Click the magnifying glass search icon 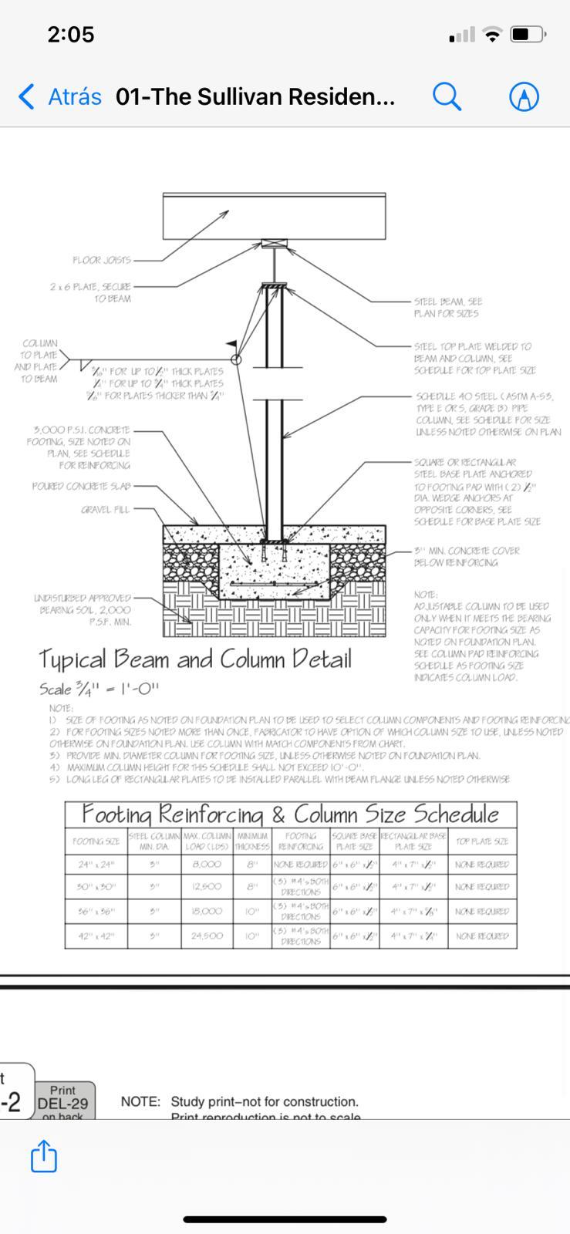coord(447,96)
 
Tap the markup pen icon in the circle coord(524,96)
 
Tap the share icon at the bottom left coord(43,1156)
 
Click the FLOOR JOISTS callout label coord(102,260)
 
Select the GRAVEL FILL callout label coord(106,510)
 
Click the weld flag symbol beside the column coord(232,345)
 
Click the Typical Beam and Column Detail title coord(195,659)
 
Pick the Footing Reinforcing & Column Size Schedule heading coord(290,814)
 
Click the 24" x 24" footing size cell coord(96,865)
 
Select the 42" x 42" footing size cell coord(96,936)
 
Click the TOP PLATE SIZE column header coord(482,841)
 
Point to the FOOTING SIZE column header coord(96,841)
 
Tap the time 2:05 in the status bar coord(71,35)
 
